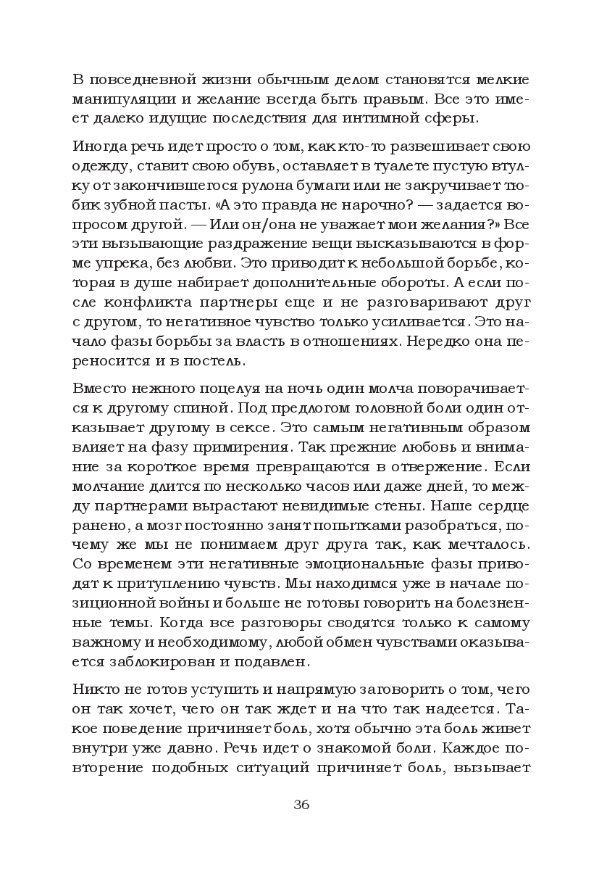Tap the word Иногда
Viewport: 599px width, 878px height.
(99, 146)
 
